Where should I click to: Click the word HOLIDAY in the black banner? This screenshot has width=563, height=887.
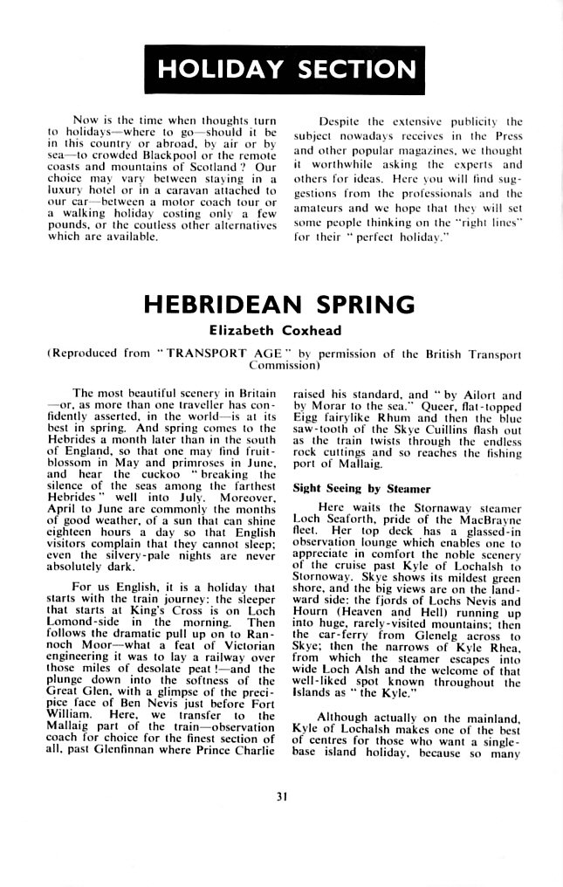pos(221,69)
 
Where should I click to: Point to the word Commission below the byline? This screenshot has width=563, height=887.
pos(281,366)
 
